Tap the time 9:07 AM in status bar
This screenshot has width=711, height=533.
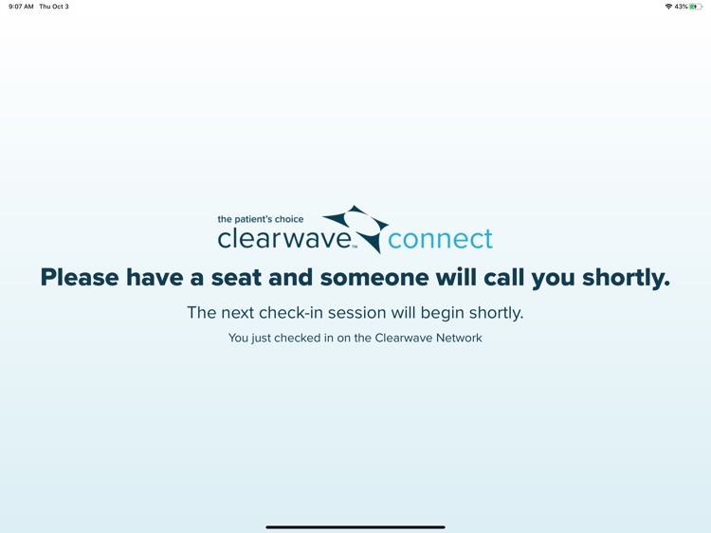[x=21, y=7]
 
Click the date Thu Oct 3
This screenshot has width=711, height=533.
[x=54, y=7]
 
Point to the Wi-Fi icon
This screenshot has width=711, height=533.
[x=668, y=7]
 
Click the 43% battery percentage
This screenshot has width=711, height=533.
[x=681, y=7]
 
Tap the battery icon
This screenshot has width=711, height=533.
[x=696, y=7]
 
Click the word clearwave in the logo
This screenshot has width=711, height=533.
[x=284, y=238]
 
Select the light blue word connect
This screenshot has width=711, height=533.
[x=440, y=238]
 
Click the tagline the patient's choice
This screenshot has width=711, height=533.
[x=261, y=219]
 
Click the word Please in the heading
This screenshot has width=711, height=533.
[x=80, y=278]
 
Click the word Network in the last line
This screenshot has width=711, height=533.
[x=459, y=338]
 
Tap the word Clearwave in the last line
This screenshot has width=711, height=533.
[x=404, y=338]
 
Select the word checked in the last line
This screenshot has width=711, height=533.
[x=296, y=338]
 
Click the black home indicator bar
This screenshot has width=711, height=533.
[x=355, y=526]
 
